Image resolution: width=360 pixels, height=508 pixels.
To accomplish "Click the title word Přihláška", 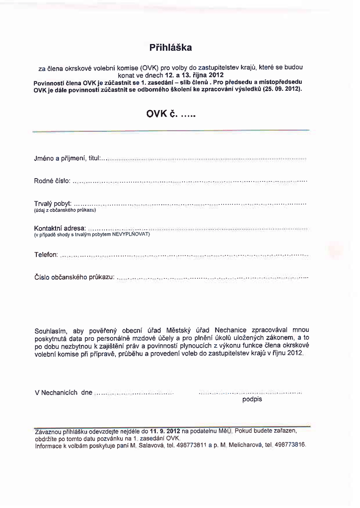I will coord(170,48).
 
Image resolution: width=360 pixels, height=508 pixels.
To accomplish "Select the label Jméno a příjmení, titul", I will coord(68,158).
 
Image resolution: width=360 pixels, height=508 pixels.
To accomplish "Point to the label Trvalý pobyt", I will coord(53,204).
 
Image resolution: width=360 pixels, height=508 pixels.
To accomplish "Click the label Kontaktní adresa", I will coord(60,228).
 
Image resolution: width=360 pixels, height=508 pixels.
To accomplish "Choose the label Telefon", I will coord(46,254).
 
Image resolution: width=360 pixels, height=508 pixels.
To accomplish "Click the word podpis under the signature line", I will coord(252,399).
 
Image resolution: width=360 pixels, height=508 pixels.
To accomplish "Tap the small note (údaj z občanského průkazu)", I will coord(65,210).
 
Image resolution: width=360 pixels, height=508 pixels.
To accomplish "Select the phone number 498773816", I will coord(290,445).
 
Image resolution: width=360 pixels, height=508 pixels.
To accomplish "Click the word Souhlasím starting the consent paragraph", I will coord(51,331).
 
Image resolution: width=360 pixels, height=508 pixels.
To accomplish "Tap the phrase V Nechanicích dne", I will coord(64,392).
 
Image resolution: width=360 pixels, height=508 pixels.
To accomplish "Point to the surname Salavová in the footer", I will coord(151,445).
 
